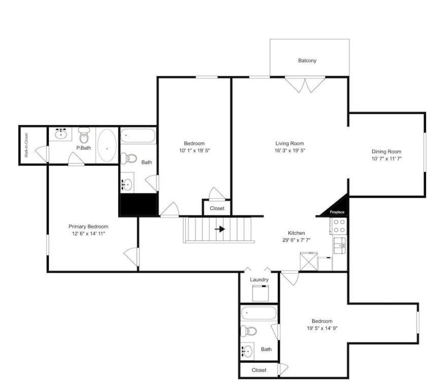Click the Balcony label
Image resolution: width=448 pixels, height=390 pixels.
point(307,60)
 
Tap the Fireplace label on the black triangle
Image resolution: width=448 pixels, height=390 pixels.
point(337,212)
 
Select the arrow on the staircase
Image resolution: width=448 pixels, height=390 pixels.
point(220,229)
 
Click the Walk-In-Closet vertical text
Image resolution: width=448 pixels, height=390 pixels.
point(26,145)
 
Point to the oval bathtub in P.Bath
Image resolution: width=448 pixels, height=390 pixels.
point(107,145)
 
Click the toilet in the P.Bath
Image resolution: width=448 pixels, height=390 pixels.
point(84,136)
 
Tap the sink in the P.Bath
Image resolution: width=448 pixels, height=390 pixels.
point(60,134)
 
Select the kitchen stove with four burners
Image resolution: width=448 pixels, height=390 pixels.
point(339,226)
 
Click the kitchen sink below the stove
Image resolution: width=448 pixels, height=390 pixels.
point(340,245)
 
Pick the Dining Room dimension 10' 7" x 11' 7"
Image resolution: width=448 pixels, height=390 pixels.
point(386,159)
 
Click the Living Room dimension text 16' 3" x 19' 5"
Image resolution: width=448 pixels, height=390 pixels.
point(290,151)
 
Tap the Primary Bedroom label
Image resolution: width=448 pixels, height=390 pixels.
point(88,226)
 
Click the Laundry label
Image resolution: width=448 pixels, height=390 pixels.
point(259,280)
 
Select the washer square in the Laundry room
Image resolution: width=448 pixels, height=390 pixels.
point(261,293)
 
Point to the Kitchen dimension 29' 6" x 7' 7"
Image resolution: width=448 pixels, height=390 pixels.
point(296,240)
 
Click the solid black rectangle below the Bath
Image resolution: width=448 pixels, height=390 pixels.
point(139,204)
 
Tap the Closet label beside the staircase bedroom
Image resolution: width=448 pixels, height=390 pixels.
point(217,208)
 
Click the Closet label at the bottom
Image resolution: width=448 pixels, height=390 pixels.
point(259,370)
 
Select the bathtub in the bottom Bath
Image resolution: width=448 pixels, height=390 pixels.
point(259,313)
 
